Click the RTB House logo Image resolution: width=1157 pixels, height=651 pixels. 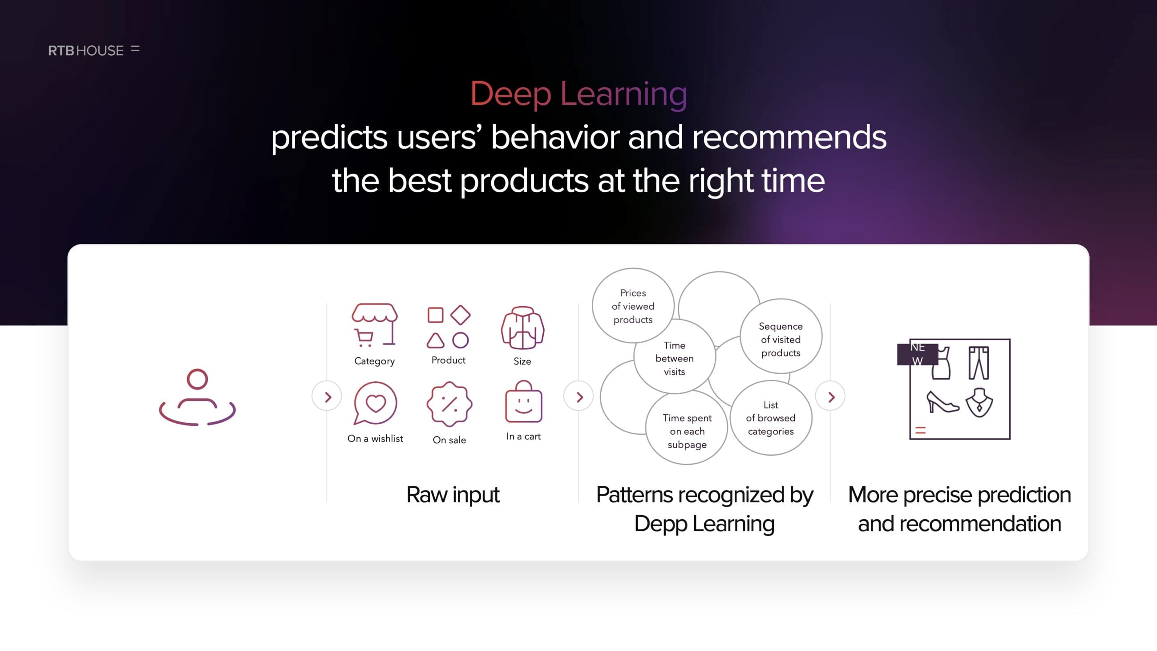click(93, 50)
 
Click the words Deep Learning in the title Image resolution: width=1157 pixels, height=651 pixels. click(578, 94)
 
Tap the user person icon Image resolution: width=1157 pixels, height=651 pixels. click(197, 397)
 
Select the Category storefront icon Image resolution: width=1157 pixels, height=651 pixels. click(375, 325)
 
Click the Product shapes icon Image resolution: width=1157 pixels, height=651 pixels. click(448, 327)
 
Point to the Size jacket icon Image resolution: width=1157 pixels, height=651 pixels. click(522, 328)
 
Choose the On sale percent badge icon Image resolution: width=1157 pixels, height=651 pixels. click(449, 404)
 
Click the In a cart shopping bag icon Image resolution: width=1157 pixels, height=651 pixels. click(524, 401)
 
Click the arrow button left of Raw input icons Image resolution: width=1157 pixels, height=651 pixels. click(327, 396)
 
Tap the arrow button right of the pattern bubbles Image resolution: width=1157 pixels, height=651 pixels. click(830, 396)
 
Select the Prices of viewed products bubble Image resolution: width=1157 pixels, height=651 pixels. click(633, 306)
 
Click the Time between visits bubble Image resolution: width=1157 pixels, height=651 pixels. click(675, 358)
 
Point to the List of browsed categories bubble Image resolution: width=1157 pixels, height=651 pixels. click(771, 418)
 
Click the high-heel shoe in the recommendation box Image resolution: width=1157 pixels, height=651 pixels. click(943, 402)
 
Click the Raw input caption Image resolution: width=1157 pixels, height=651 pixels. click(453, 495)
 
